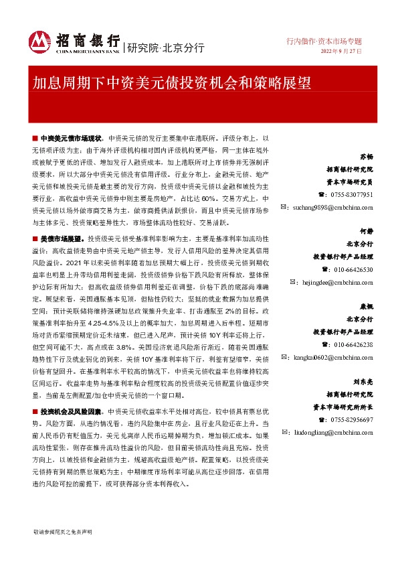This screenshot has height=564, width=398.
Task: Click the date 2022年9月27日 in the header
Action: click(341, 52)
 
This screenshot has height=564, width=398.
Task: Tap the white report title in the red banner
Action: click(172, 82)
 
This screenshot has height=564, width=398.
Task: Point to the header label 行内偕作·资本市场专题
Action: click(324, 41)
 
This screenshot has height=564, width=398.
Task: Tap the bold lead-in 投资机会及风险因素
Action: click(71, 411)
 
